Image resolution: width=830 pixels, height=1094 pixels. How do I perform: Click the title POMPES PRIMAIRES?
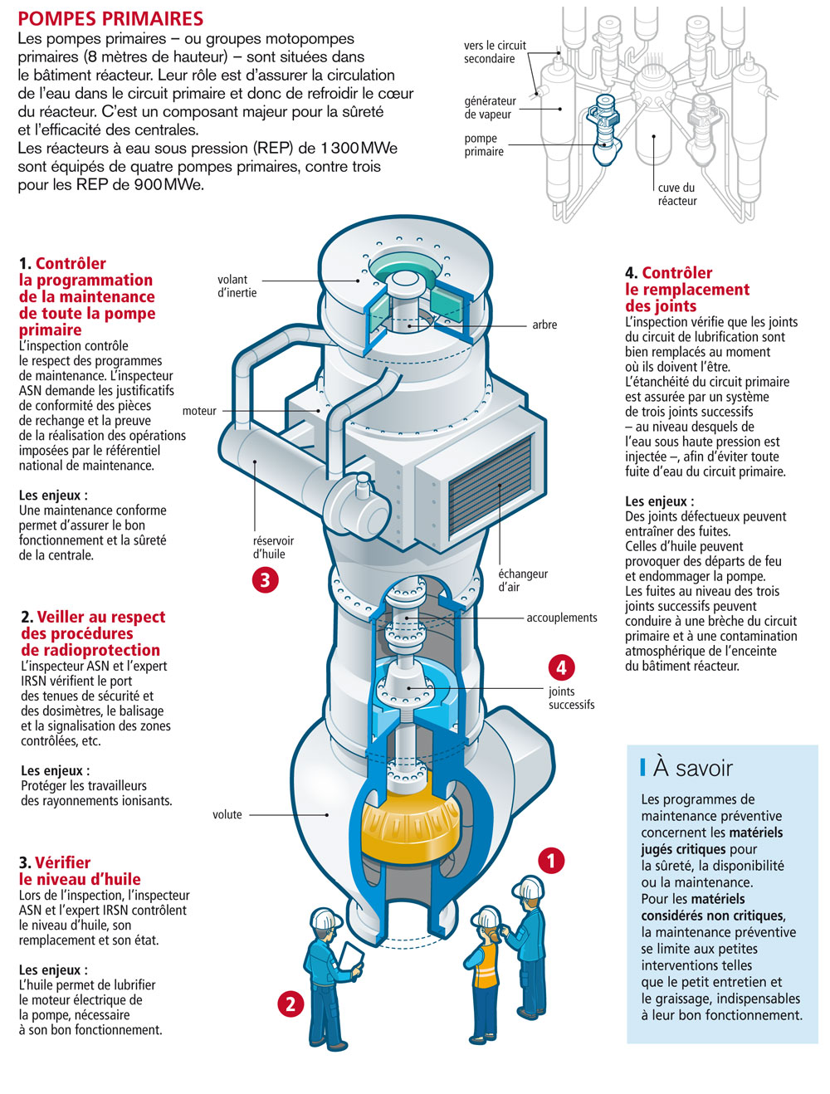(110, 18)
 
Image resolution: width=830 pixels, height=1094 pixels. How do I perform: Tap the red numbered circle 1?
(551, 861)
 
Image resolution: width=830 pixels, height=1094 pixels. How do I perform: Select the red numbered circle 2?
(290, 1004)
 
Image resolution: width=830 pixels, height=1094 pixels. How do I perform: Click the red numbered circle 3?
(265, 579)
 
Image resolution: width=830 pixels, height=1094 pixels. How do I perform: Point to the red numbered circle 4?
(561, 667)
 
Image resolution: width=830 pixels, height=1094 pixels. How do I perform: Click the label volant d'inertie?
(237, 286)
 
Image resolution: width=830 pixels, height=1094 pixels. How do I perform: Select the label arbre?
(544, 325)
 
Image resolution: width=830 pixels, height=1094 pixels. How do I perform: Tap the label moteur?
(199, 411)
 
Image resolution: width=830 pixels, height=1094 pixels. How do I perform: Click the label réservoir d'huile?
(273, 548)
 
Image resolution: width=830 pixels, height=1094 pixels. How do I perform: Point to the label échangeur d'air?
(523, 580)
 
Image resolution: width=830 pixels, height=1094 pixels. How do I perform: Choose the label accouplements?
(561, 618)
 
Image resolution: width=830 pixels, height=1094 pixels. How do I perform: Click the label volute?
(227, 815)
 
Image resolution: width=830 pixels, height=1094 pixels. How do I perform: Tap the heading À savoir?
(692, 768)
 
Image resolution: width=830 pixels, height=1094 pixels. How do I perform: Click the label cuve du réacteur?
(677, 194)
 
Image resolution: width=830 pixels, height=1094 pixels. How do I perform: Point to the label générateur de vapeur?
(490, 108)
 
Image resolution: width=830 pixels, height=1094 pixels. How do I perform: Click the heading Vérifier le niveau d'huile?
(80, 871)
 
